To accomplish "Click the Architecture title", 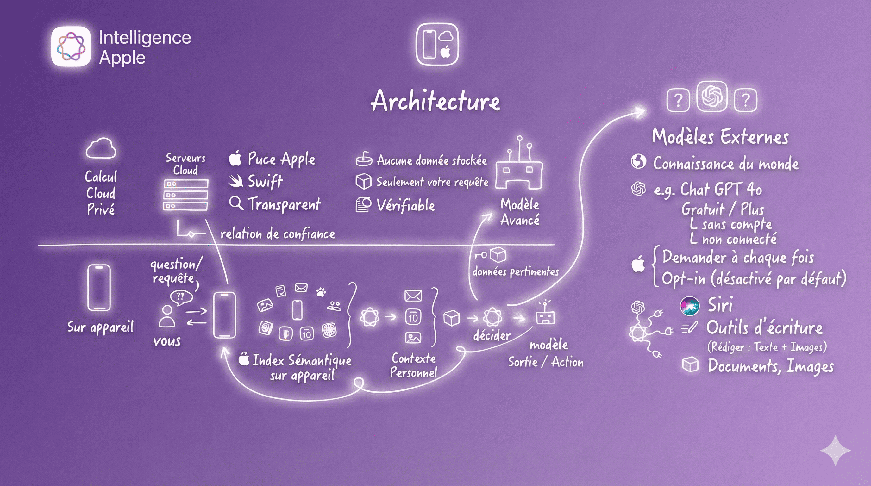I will tap(435, 101).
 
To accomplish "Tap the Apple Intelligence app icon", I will tap(71, 46).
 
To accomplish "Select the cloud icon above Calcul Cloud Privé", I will tap(101, 148).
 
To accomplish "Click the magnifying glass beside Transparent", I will tap(236, 203).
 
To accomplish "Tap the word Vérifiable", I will tap(406, 205).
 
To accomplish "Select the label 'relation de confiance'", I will tap(278, 234).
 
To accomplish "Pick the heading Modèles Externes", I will tap(720, 137).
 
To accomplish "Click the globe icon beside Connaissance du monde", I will tap(638, 162).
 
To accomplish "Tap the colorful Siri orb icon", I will tap(689, 306).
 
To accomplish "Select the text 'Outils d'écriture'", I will tap(764, 328).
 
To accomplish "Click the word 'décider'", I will tap(492, 335).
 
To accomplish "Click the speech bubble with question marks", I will tap(181, 297).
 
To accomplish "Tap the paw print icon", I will tap(321, 291).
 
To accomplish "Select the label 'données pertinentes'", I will tap(515, 272).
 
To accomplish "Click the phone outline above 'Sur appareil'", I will tap(99, 288).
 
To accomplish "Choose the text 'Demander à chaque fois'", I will tap(738, 258).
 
